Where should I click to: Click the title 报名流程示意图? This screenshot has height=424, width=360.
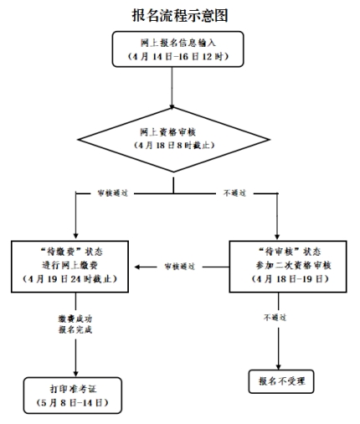(180, 15)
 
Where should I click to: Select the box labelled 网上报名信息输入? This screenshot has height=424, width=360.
(177, 49)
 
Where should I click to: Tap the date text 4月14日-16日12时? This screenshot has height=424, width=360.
(178, 57)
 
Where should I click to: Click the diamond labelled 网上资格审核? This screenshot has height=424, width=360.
(173, 140)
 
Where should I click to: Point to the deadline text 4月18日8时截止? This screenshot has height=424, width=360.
(174, 146)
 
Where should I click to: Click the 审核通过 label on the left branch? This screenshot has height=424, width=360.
(112, 193)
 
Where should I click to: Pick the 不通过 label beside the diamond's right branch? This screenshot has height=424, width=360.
(234, 193)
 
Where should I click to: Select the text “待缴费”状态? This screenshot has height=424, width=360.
(71, 252)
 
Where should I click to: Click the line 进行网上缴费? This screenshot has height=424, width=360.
(69, 265)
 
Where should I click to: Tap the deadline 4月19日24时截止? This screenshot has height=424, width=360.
(69, 278)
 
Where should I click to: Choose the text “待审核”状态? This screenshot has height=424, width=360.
(290, 252)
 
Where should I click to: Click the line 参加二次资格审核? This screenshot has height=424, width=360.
(294, 265)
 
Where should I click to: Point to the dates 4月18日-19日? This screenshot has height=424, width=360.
(291, 278)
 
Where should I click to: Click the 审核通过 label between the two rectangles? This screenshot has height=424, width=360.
(179, 267)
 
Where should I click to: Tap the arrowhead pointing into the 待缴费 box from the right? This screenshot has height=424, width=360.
(137, 267)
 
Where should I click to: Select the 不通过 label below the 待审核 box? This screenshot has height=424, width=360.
(275, 317)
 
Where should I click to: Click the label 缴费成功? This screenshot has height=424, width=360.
(75, 319)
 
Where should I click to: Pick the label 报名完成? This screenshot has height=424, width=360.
(75, 329)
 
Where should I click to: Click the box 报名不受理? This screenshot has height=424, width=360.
(281, 381)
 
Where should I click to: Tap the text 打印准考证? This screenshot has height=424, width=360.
(73, 389)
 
